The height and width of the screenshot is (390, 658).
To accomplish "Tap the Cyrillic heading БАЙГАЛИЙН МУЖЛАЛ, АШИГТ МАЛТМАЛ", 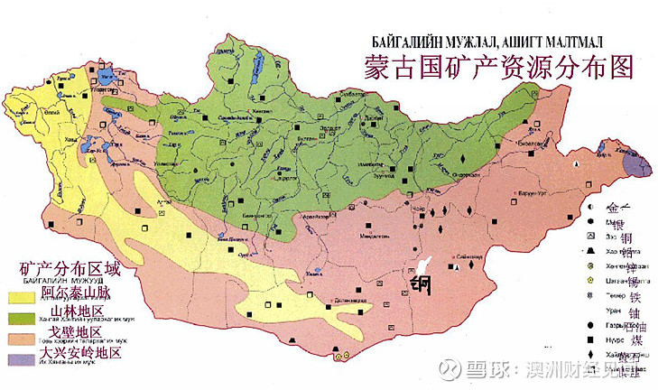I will (x=487, y=42).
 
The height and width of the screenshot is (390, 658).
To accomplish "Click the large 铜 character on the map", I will (x=421, y=284).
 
